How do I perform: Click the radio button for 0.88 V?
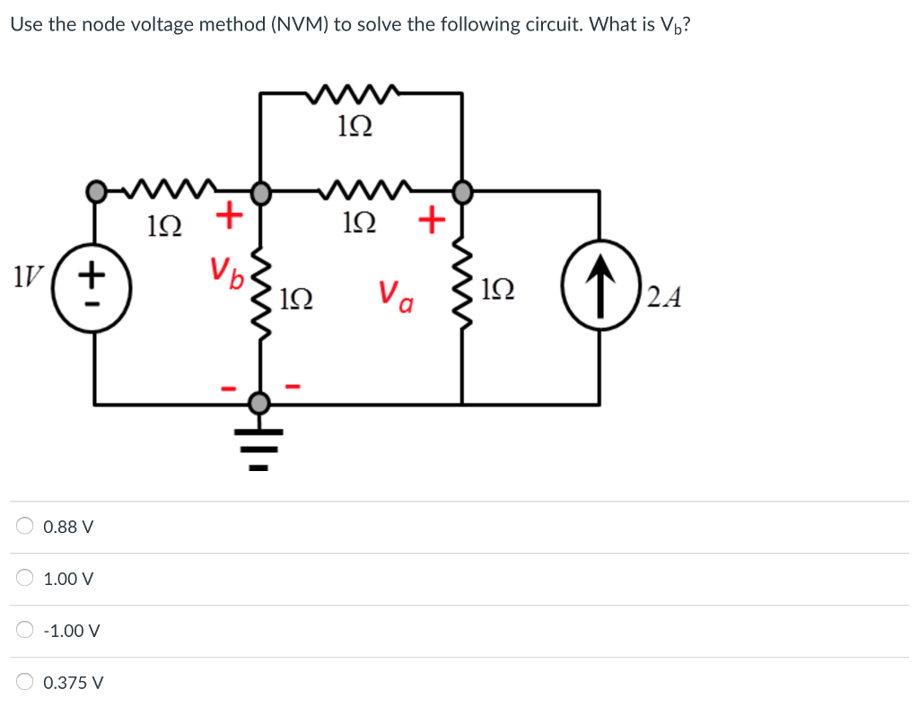pyautogui.click(x=25, y=527)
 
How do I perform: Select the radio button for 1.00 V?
pyautogui.click(x=25, y=579)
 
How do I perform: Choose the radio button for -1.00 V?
pyautogui.click(x=25, y=631)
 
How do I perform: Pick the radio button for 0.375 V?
pyautogui.click(x=25, y=683)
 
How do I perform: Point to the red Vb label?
pyautogui.click(x=227, y=270)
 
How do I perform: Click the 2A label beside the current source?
pyautogui.click(x=663, y=296)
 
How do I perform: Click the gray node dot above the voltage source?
pyautogui.click(x=95, y=191)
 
